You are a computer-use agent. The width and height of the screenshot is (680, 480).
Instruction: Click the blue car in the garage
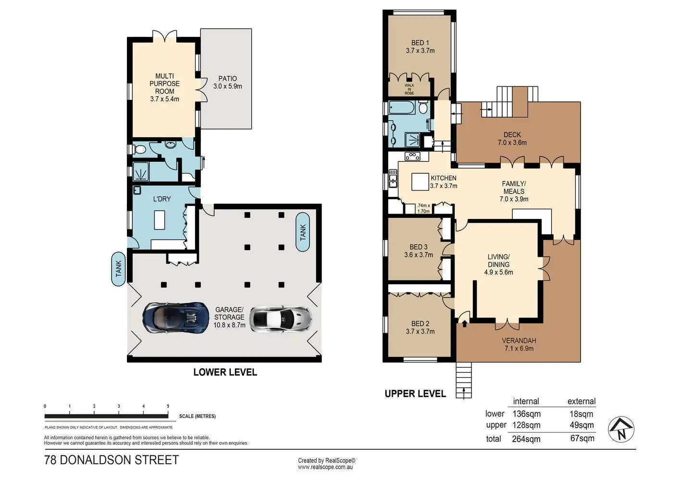coord(176,318)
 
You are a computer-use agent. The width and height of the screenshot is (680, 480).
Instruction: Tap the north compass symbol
coord(621,429)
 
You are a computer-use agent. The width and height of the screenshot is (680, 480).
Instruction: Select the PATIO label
coord(227,79)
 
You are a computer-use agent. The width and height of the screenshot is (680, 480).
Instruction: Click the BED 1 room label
coord(420,43)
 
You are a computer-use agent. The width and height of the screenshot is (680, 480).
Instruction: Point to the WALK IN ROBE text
coord(409,89)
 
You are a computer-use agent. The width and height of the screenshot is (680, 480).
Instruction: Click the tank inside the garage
coord(303,232)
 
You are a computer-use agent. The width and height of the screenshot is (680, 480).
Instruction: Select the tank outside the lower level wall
coord(118,269)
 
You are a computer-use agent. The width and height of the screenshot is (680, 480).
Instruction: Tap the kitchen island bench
coord(420,181)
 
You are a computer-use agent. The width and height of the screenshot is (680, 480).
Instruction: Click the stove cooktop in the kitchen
coord(412,156)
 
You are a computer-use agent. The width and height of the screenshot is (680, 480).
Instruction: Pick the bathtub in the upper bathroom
coord(402,108)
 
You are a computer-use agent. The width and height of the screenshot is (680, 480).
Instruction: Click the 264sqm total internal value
coord(526,439)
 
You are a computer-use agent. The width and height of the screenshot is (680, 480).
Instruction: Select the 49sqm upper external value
coord(581,425)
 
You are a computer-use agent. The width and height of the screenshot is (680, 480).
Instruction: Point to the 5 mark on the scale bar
coord(168,406)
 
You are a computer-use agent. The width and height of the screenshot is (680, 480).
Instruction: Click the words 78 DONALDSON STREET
coord(111,460)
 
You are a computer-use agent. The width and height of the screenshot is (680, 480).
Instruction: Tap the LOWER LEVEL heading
coord(225,372)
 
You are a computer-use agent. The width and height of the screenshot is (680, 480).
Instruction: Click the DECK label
coord(512,134)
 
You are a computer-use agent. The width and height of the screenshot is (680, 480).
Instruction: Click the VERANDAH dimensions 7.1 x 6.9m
coord(519,348)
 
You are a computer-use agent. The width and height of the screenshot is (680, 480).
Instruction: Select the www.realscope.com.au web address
coord(325,467)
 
